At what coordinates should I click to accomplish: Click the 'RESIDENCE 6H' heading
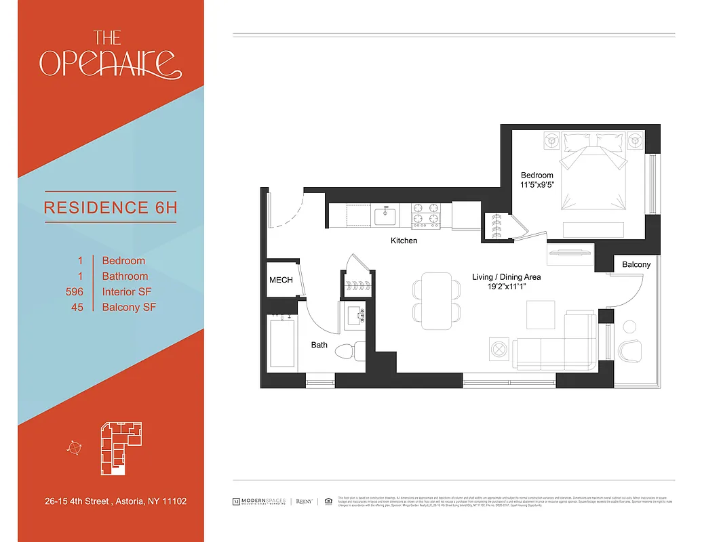point(111,207)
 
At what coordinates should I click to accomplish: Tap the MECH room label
point(281,280)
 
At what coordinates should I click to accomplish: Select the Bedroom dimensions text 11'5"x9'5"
point(537,184)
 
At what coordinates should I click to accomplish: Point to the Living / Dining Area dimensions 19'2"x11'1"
point(507,287)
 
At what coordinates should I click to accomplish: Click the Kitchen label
point(404,241)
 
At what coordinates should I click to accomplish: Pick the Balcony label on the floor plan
point(636,264)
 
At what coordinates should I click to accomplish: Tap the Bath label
point(319,345)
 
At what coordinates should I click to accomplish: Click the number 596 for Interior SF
point(75,292)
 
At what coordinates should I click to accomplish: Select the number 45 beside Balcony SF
point(77,308)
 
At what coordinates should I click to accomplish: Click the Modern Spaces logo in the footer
point(260,501)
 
